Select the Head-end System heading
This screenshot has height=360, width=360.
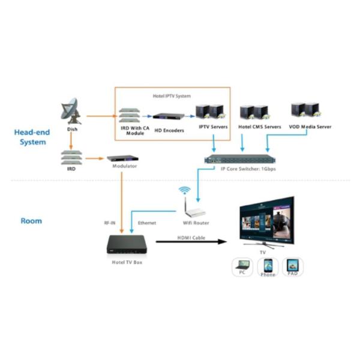[31, 137]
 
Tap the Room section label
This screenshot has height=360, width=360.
[31, 221]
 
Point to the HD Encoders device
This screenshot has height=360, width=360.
[167, 116]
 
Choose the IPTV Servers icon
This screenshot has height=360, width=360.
[210, 112]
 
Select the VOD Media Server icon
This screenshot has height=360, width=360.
[304, 110]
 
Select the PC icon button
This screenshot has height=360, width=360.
[242, 266]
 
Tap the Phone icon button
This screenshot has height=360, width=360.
[268, 266]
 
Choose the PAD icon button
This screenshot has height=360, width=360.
[292, 266]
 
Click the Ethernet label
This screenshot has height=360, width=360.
[147, 223]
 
